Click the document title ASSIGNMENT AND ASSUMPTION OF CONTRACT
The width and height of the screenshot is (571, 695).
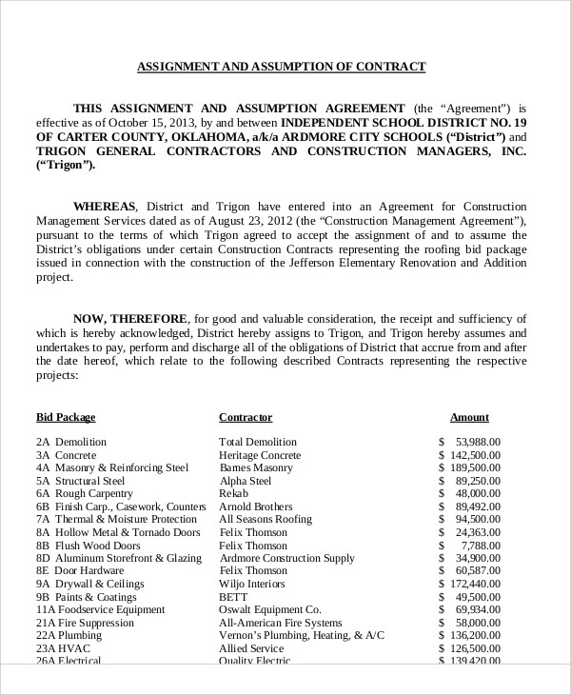282,67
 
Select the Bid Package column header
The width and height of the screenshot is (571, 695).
66,417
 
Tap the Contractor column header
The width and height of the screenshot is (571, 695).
246,417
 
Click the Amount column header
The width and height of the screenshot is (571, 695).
469,417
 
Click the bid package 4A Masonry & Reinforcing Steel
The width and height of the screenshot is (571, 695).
112,468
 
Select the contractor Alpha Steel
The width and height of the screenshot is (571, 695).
246,482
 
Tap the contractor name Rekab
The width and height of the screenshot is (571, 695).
233,495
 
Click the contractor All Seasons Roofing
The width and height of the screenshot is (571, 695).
266,520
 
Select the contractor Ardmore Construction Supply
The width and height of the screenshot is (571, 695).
286,558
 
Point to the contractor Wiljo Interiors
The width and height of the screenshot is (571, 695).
252,584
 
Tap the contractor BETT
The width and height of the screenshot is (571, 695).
233,597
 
